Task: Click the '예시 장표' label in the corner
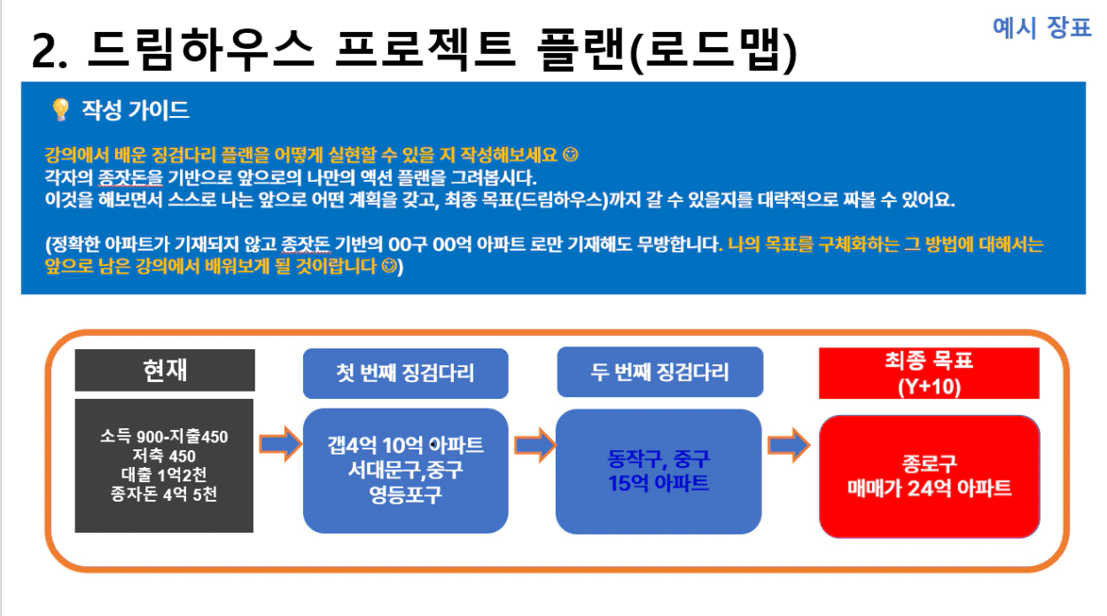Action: (x=1041, y=27)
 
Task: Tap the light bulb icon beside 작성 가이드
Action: (x=61, y=109)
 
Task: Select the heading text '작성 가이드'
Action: (x=135, y=110)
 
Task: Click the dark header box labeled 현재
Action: (x=165, y=370)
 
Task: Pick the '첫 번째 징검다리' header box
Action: (x=405, y=373)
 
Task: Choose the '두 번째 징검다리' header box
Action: (x=659, y=371)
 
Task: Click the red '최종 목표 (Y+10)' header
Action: (x=929, y=373)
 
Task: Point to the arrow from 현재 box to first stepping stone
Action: (x=281, y=444)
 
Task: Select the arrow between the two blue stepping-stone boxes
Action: (x=535, y=445)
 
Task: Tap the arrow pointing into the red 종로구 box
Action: (x=789, y=445)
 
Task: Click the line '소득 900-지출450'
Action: (x=164, y=437)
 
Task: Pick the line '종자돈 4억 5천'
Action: (x=164, y=494)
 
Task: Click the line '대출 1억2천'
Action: (x=164, y=474)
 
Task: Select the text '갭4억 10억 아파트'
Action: (x=405, y=446)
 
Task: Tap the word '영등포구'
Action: (x=405, y=494)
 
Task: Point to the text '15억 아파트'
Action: (x=659, y=483)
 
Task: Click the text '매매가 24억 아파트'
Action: (x=929, y=488)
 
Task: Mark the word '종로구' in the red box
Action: (x=929, y=464)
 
